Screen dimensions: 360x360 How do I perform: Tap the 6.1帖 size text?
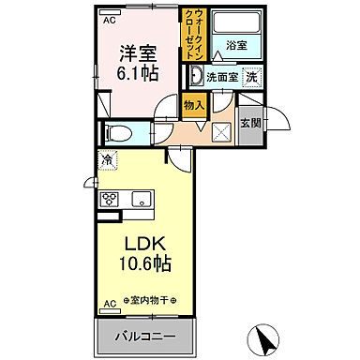[138, 75]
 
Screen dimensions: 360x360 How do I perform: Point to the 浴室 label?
[235, 45]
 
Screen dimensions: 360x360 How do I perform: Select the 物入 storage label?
[194, 106]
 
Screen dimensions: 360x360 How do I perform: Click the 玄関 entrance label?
[249, 122]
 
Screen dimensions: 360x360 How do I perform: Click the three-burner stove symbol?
[110, 199]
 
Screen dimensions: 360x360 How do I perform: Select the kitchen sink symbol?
[140, 199]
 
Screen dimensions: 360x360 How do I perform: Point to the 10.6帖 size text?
[142, 265]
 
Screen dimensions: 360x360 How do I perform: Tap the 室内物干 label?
[155, 302]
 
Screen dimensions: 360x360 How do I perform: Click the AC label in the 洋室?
[109, 19]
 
